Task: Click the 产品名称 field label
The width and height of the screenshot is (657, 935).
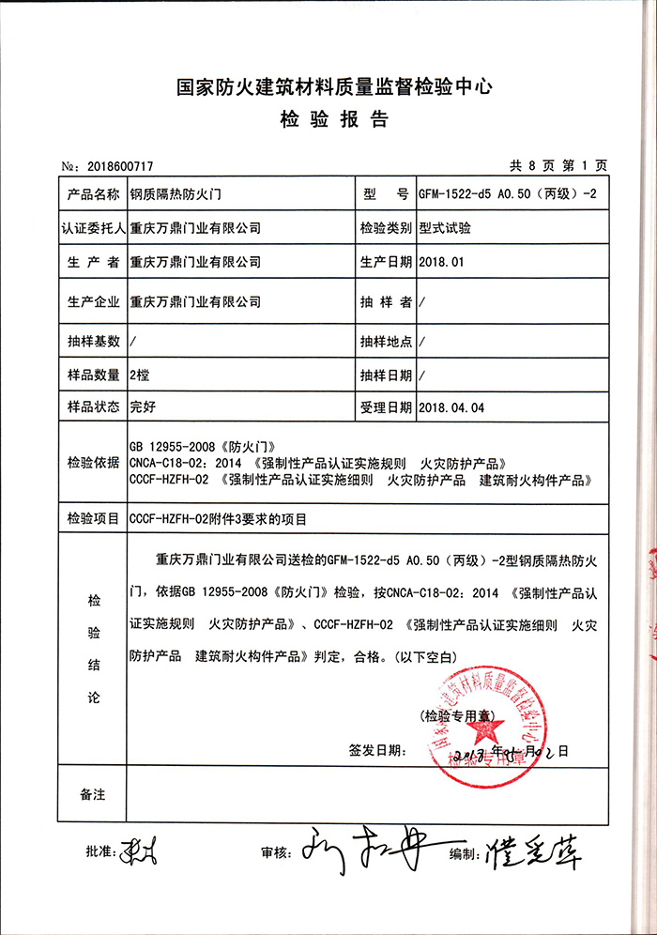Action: click(x=92, y=195)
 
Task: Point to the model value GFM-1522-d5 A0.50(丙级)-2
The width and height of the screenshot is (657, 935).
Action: click(x=508, y=195)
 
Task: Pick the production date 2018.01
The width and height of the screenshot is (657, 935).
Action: click(x=443, y=262)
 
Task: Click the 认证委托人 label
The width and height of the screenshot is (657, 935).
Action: click(x=92, y=228)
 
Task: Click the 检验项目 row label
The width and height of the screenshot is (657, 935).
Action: click(x=92, y=517)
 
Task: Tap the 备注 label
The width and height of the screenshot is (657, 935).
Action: click(x=92, y=795)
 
